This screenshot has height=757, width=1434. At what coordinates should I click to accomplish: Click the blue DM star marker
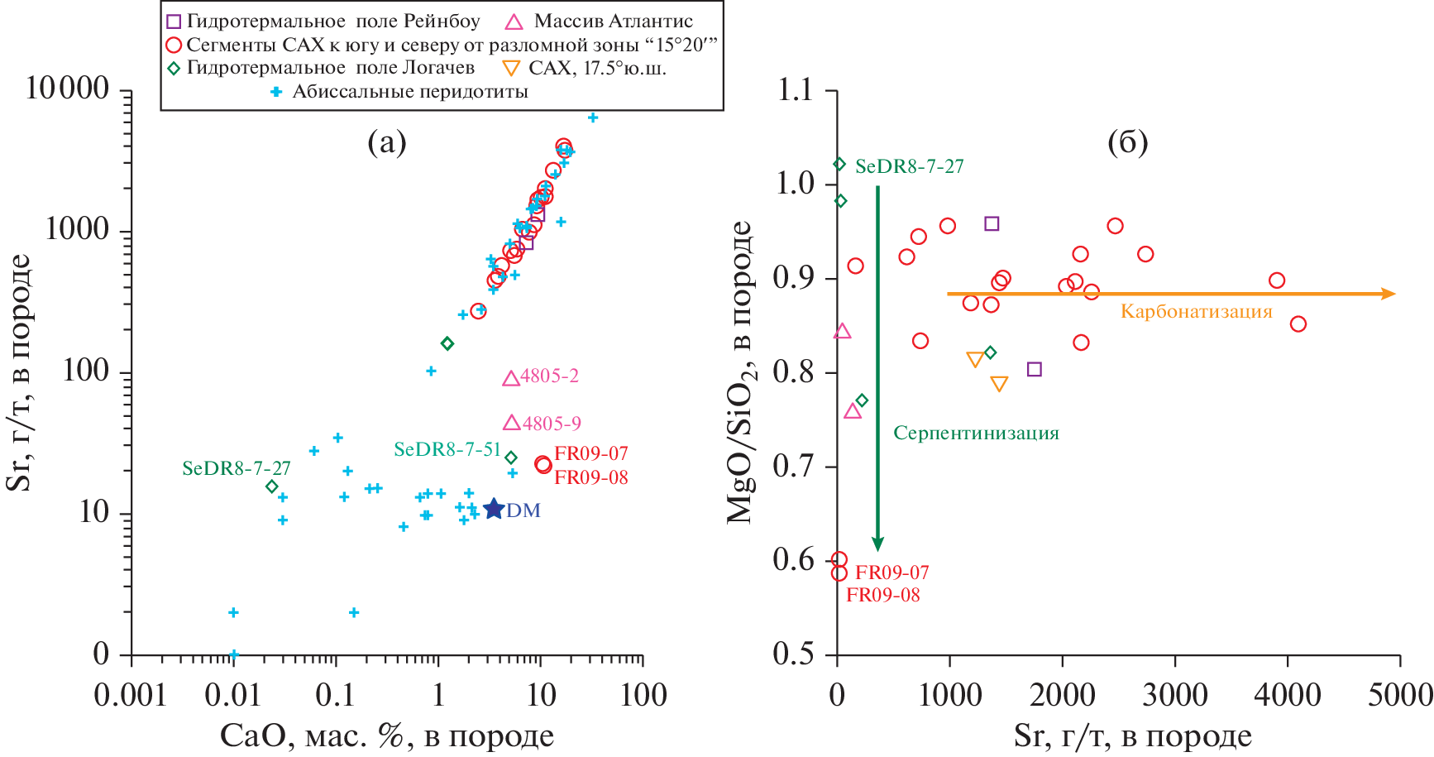(x=493, y=509)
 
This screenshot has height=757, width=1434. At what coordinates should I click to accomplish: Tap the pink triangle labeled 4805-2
(x=511, y=378)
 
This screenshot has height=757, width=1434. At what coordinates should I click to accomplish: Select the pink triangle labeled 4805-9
(x=511, y=423)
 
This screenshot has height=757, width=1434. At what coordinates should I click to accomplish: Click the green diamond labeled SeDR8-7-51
(x=511, y=458)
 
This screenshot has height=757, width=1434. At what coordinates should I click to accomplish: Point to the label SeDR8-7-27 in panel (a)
(x=237, y=468)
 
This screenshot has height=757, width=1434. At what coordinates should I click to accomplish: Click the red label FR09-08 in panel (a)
(x=590, y=477)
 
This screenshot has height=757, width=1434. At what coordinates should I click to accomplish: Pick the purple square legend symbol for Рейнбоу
(x=174, y=22)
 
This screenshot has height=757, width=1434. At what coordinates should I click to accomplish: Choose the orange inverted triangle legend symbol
(x=512, y=69)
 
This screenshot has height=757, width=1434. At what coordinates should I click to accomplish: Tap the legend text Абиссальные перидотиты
(x=410, y=92)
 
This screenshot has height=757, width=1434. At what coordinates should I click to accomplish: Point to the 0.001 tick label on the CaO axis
(x=130, y=695)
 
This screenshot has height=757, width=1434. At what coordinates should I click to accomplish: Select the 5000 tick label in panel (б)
(x=1399, y=695)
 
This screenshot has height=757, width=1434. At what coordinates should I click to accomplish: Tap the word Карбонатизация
(x=1196, y=312)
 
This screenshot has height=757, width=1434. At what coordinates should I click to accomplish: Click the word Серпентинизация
(x=976, y=434)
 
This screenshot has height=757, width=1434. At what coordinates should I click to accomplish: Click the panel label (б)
(x=1127, y=143)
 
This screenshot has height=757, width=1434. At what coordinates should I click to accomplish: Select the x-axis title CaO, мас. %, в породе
(x=387, y=735)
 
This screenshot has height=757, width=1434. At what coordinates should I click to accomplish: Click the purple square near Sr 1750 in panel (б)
(x=1034, y=369)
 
